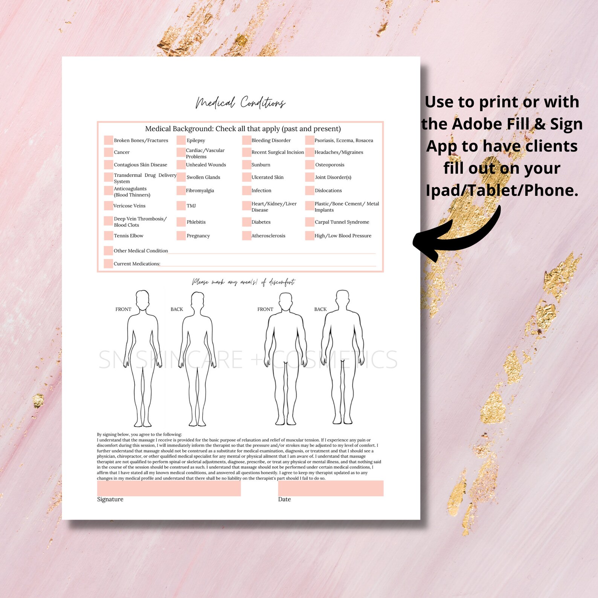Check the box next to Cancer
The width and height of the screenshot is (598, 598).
tap(108, 152)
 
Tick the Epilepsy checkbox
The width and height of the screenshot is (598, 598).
tap(181, 140)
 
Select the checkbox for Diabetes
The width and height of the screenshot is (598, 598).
tap(247, 222)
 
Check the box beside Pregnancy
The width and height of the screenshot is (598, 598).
tap(181, 236)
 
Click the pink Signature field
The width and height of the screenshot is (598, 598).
tap(169, 488)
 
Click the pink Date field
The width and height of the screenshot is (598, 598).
tap(331, 488)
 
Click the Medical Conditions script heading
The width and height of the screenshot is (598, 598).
tap(240, 102)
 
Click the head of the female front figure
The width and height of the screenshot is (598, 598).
tap(142, 300)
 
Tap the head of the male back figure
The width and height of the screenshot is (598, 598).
tap(342, 299)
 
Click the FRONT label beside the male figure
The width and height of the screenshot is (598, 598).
tap(265, 309)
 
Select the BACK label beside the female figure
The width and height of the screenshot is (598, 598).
tap(177, 309)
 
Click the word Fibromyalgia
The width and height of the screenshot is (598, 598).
tap(200, 191)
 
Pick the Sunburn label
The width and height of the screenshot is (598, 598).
tap(261, 165)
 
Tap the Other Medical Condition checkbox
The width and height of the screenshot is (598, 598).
tap(108, 250)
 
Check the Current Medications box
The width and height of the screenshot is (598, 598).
tap(108, 264)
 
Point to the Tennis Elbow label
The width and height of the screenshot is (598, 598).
tap(128, 236)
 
